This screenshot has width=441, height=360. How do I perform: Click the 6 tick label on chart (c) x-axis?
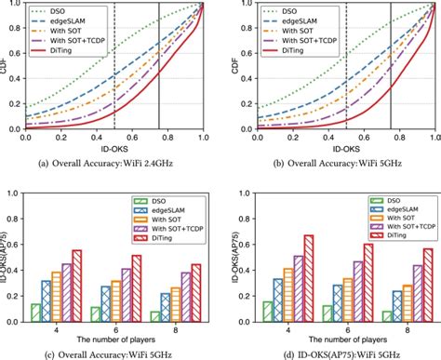(112, 330)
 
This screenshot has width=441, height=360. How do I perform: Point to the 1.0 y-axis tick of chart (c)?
(16, 193)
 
